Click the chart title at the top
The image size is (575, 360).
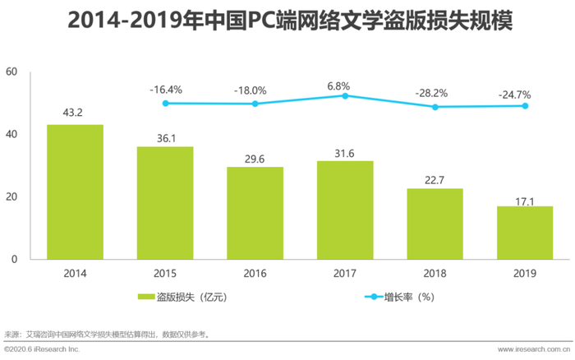coord(287,21)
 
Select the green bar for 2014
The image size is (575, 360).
coord(76,192)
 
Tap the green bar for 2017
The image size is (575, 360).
coord(345,210)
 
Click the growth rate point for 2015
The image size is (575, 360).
coord(165,103)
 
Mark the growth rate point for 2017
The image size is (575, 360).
coord(345,95)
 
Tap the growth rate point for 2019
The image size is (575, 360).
coord(524,106)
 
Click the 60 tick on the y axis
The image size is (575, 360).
coord(11,72)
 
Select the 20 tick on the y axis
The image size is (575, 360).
coord(11,197)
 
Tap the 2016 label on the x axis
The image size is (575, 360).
coord(255,272)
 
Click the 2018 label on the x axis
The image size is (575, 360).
coord(435,272)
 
